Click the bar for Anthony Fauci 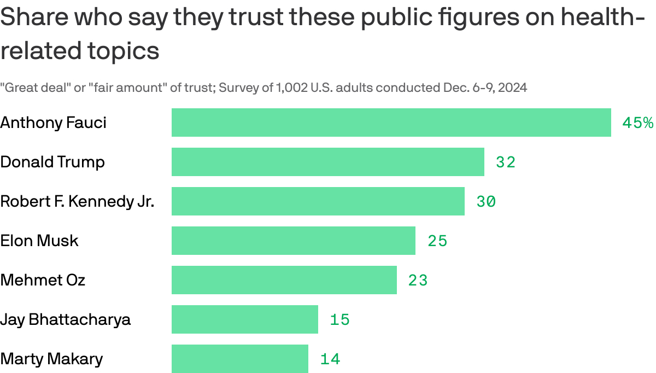click(391, 123)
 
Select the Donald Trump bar click(328, 162)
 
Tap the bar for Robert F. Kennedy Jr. click(318, 201)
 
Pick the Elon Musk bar click(294, 241)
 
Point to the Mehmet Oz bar click(284, 280)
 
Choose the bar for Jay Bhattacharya click(245, 319)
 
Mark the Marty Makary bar click(240, 359)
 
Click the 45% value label click(638, 123)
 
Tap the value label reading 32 click(506, 162)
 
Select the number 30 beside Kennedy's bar click(486, 202)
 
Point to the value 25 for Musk click(437, 241)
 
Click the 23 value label click(418, 281)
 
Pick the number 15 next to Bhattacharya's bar click(339, 320)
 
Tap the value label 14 click(330, 359)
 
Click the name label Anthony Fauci click(54, 123)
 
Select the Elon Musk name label click(39, 241)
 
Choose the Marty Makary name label click(51, 359)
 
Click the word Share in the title click(34, 19)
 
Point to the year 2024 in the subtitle click(514, 88)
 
